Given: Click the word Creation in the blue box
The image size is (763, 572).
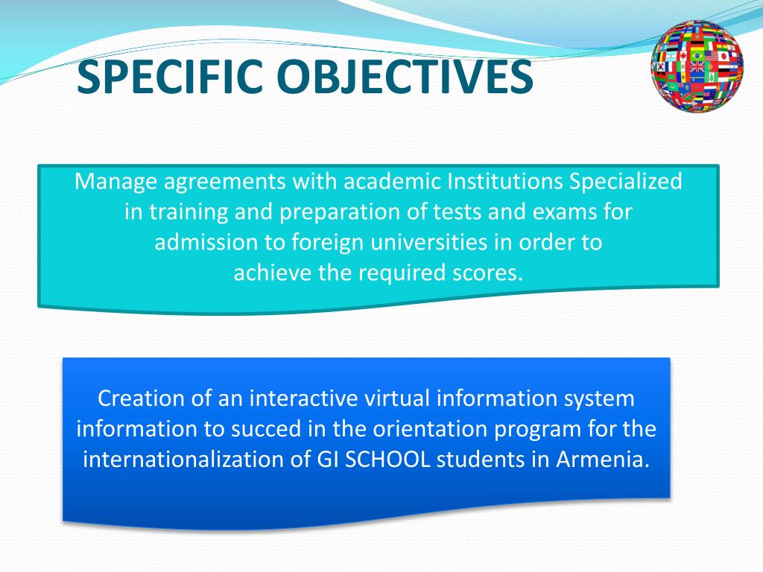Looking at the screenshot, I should point(142,398).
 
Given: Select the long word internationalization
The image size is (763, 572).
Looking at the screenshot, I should point(183,459).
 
